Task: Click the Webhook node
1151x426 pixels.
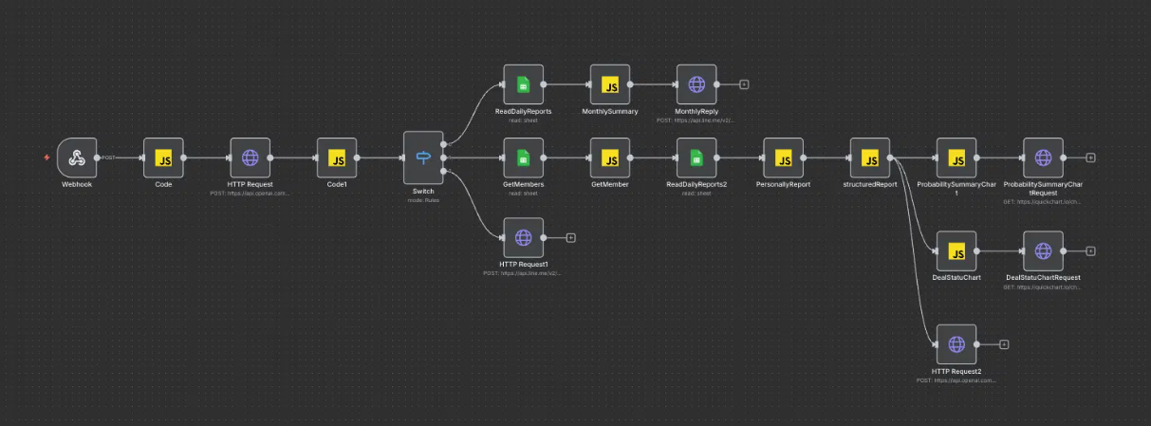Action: (77, 157)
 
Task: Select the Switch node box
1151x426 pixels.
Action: (423, 157)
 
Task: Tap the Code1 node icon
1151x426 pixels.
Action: (337, 157)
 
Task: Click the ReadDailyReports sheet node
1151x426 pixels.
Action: (523, 84)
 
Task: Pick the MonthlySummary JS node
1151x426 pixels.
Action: (610, 84)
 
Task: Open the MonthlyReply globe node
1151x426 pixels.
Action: (696, 84)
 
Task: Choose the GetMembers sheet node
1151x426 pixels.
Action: (523, 157)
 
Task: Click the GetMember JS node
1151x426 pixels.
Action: (610, 157)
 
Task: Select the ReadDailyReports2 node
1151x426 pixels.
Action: (696, 157)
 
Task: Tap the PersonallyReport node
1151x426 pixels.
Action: (783, 157)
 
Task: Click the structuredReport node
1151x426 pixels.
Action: (870, 157)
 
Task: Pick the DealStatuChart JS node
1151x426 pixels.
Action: (956, 251)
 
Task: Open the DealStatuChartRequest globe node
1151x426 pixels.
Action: (1043, 251)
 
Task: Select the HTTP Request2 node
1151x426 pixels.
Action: (956, 344)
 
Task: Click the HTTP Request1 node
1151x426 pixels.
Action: (523, 237)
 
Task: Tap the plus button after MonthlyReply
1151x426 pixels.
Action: (744, 84)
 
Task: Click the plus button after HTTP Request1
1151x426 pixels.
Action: (570, 237)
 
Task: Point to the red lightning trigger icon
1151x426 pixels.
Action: (47, 157)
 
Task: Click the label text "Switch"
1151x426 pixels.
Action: (423, 191)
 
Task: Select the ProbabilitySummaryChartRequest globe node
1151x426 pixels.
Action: (1043, 157)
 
